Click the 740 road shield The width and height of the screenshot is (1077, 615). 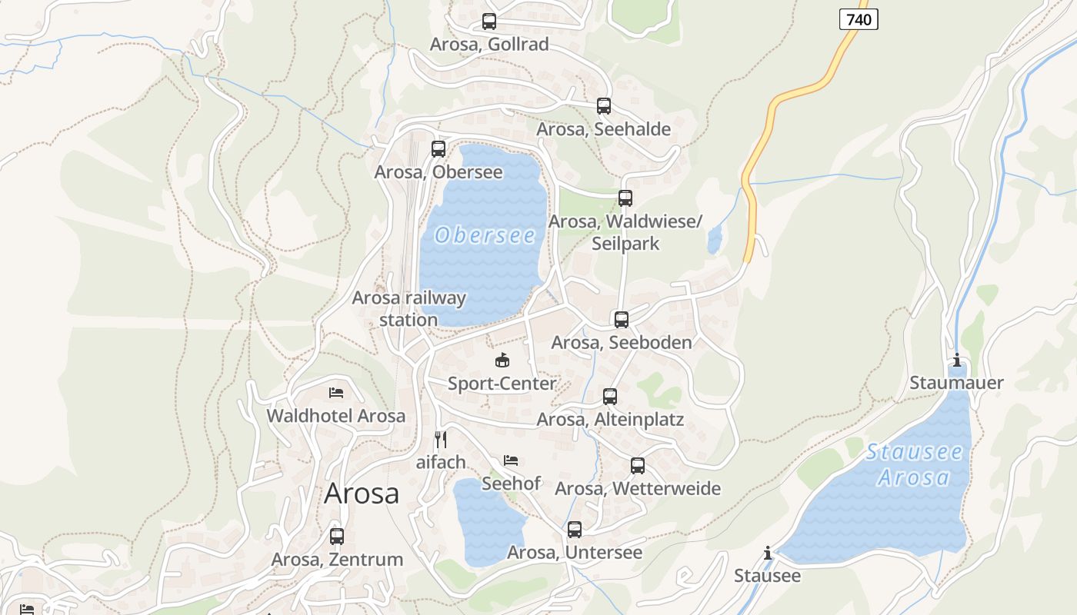[x=858, y=19]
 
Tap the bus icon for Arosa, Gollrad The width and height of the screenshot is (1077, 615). [x=489, y=22]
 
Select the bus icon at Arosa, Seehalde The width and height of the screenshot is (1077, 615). [x=604, y=106]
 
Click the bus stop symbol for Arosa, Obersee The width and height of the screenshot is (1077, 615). [x=438, y=149]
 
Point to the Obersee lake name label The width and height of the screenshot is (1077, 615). [x=485, y=235]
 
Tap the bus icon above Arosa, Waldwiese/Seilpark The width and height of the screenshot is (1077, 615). [x=625, y=198]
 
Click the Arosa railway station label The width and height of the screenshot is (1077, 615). [x=408, y=308]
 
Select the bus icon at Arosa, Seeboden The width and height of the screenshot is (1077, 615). [x=622, y=319]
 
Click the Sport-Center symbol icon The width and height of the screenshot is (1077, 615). [x=502, y=360]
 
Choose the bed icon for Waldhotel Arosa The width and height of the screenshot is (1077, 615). [x=336, y=393]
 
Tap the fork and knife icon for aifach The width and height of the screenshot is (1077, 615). [x=441, y=440]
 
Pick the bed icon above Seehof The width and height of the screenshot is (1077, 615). [x=511, y=460]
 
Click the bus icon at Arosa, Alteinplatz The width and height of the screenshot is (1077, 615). [x=610, y=397]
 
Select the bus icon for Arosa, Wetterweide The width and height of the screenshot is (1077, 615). [x=638, y=465]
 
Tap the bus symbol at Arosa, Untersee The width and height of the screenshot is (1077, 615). [x=575, y=530]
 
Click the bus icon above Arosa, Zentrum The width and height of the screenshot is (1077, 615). [x=337, y=537]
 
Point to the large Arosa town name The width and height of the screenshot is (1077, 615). [x=362, y=494]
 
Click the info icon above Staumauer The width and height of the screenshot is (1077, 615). [x=957, y=360]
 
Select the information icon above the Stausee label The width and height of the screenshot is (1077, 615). [x=768, y=553]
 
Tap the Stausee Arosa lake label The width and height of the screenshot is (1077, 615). [x=914, y=464]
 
